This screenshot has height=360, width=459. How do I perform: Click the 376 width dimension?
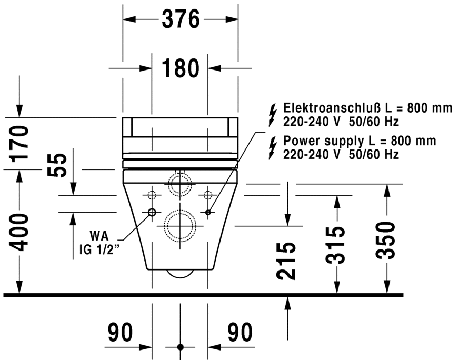pyautogui.click(x=181, y=20)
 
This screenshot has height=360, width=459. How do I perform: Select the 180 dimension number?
pyautogui.click(x=181, y=68)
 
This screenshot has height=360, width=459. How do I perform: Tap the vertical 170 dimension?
pyautogui.click(x=19, y=143)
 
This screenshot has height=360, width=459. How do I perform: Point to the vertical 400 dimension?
pyautogui.click(x=19, y=232)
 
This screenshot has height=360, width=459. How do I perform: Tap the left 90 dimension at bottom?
pyautogui.click(x=121, y=333)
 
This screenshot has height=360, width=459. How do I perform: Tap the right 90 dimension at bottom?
pyautogui.click(x=240, y=333)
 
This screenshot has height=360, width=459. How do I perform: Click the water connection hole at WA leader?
pyautogui.click(x=152, y=213)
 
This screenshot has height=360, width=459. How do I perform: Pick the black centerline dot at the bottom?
pyautogui.click(x=181, y=347)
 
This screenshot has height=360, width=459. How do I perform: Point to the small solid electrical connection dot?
pyautogui.click(x=208, y=213)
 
